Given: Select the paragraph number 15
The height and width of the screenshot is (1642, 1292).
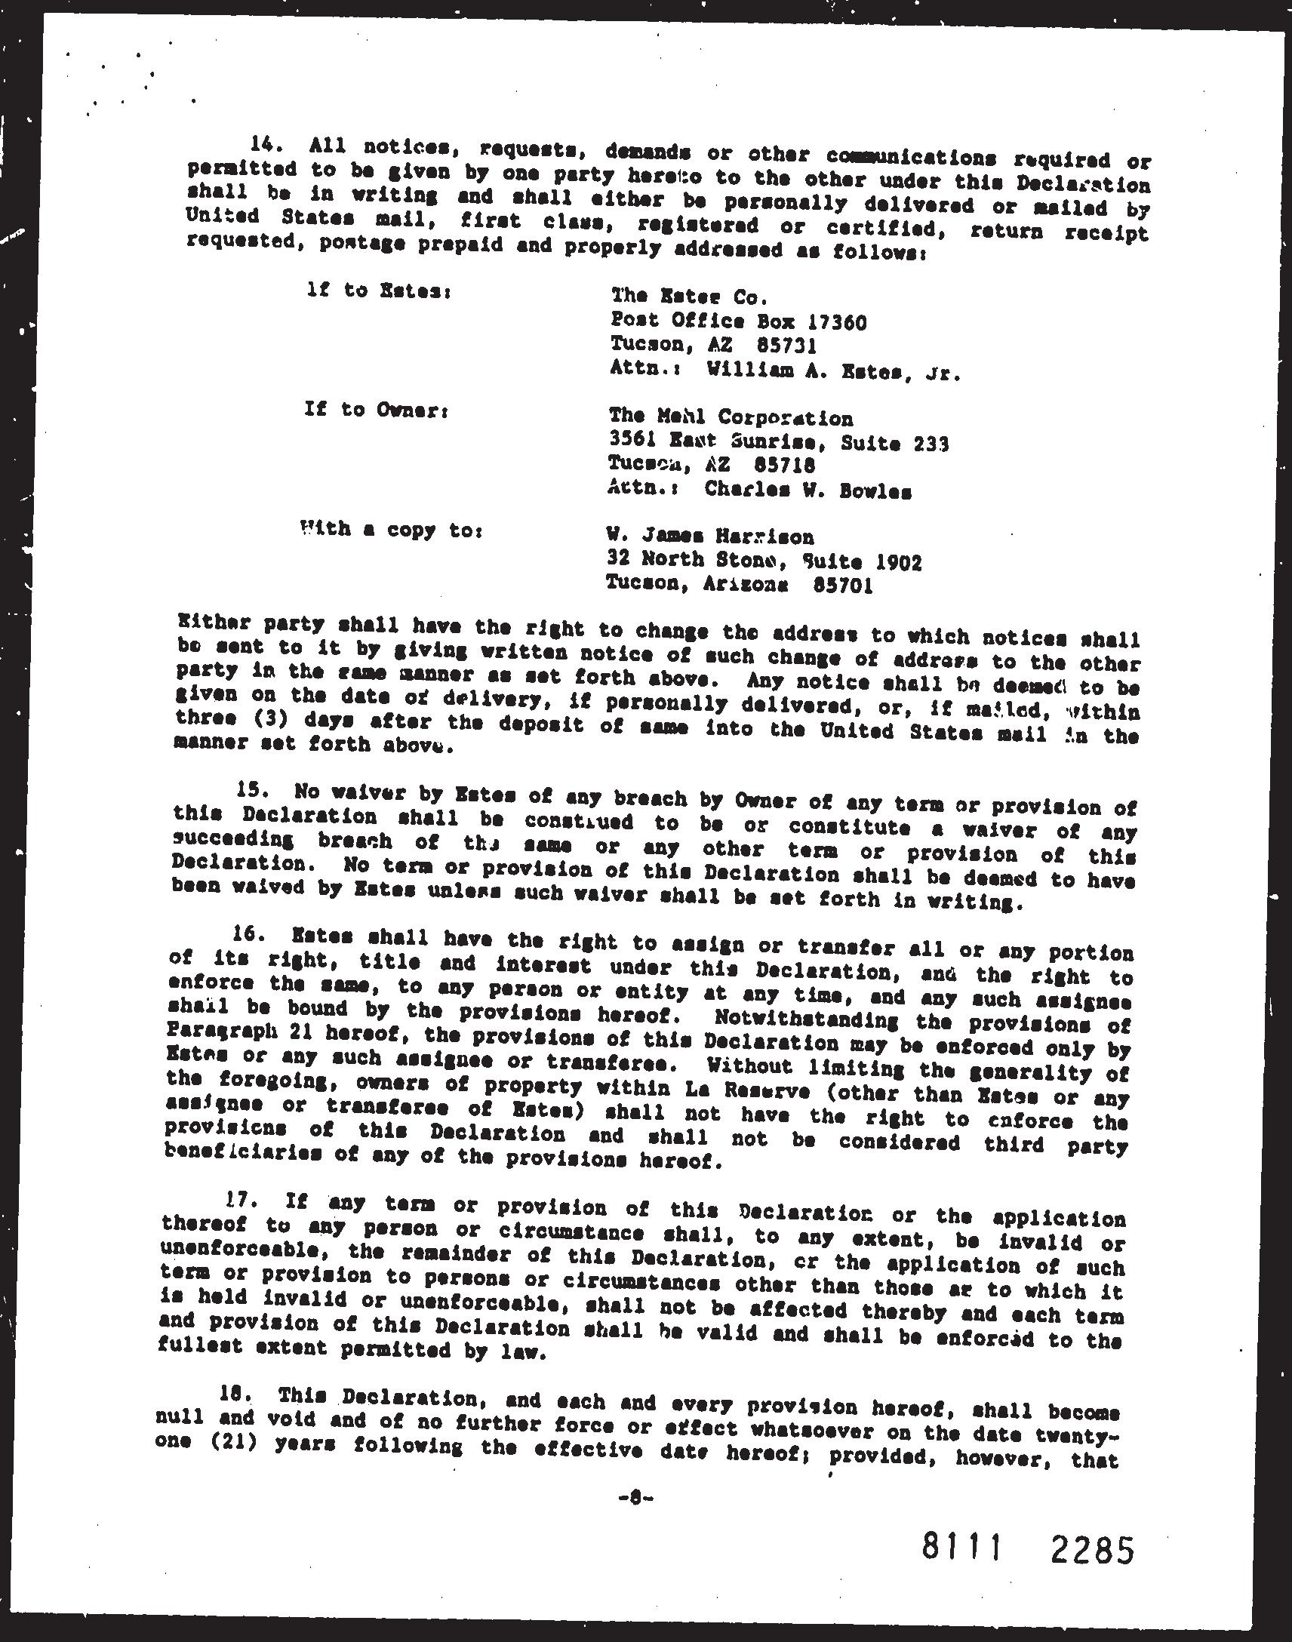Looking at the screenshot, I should pyautogui.click(x=251, y=790).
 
